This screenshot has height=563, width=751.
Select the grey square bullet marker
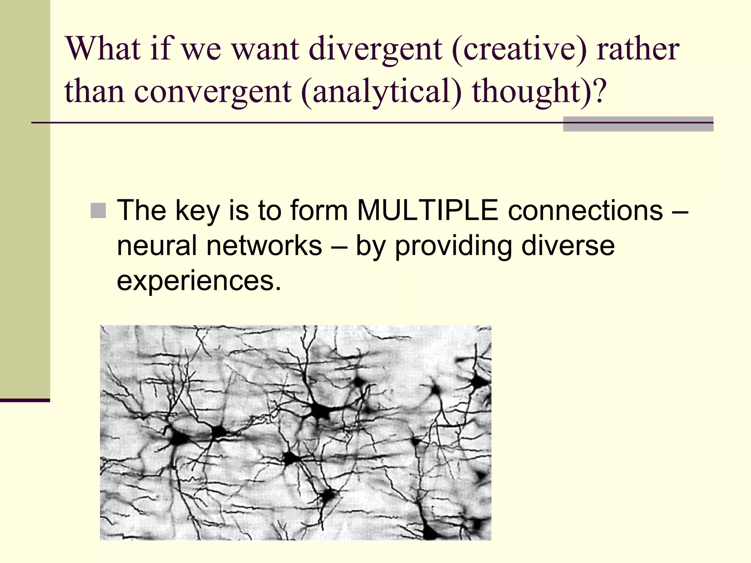[x=98, y=211]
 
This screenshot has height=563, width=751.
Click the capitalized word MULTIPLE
[x=428, y=211]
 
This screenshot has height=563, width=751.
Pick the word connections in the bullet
[x=586, y=211]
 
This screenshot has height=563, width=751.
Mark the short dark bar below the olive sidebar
[x=25, y=400]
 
